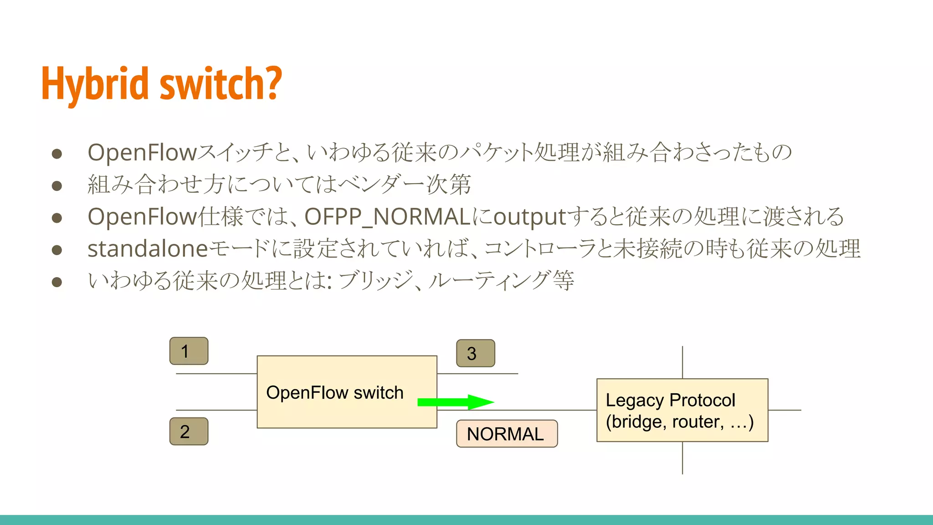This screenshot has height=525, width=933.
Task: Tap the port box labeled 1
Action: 189,351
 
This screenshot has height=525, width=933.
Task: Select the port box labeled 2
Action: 189,431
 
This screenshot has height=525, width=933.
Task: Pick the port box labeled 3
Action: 475,353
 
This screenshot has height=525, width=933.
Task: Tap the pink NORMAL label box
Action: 507,433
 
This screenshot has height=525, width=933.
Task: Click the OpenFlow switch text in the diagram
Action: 334,392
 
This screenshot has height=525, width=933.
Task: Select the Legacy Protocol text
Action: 670,400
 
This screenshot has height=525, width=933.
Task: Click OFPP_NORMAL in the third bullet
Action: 387,217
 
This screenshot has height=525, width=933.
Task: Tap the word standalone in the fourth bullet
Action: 148,249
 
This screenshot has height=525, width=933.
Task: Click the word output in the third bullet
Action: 529,217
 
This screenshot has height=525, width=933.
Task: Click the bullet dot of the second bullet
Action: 57,185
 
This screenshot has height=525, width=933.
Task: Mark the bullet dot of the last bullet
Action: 57,282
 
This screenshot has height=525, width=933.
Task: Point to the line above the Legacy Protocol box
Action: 682,362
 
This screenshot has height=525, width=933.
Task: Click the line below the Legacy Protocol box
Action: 682,458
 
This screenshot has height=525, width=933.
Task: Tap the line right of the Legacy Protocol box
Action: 784,410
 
